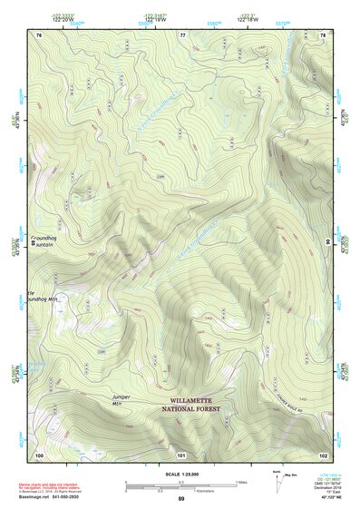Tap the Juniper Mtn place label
[x=123, y=400]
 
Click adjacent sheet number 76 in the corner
[x=39, y=34]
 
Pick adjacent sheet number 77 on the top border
[x=182, y=34]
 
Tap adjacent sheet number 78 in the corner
[x=323, y=34]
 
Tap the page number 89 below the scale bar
[x=181, y=499]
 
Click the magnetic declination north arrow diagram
[x=277, y=476]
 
